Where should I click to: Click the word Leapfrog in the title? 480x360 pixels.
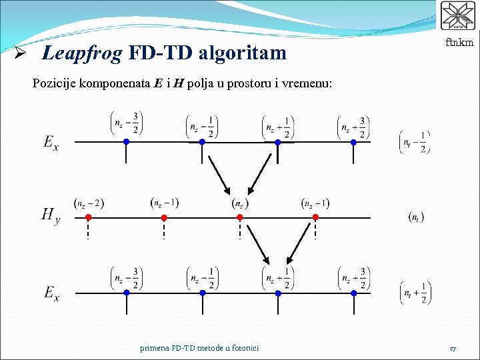pos(81,53)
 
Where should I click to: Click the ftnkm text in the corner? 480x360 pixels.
pos(459,43)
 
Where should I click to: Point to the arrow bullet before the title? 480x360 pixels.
pos(21,53)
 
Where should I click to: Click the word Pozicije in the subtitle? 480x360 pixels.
pos(55,84)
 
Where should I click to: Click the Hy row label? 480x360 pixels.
pos(51,215)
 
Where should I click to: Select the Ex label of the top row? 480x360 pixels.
pos(51,141)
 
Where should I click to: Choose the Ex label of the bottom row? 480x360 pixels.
pos(51,292)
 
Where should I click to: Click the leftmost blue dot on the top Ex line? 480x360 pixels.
pos(126,141)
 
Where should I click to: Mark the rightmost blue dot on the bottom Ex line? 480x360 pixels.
pos(353,292)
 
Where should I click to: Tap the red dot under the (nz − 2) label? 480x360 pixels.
pos(88,217)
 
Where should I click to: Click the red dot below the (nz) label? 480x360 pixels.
pos(240,217)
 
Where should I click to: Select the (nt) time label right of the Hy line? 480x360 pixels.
pos(416,217)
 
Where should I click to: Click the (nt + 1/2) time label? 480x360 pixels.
pos(416,292)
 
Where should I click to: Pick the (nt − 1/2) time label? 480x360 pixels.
pos(415,141)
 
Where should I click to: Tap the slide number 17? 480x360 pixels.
pos(453,347)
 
